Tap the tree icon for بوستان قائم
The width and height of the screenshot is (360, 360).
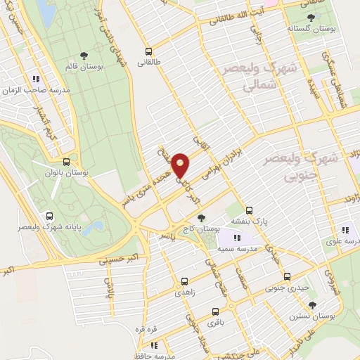(x=84, y=54)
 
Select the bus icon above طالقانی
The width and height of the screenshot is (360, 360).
(x=148, y=51)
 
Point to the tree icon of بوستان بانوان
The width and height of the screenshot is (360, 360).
(x=65, y=161)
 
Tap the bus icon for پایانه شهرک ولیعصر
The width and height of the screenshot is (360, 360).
(x=49, y=217)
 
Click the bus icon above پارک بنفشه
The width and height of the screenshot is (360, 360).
(x=249, y=210)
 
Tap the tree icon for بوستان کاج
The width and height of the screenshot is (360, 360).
(x=202, y=219)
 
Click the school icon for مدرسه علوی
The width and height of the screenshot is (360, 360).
(x=345, y=229)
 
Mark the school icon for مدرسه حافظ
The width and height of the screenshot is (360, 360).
(x=153, y=345)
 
